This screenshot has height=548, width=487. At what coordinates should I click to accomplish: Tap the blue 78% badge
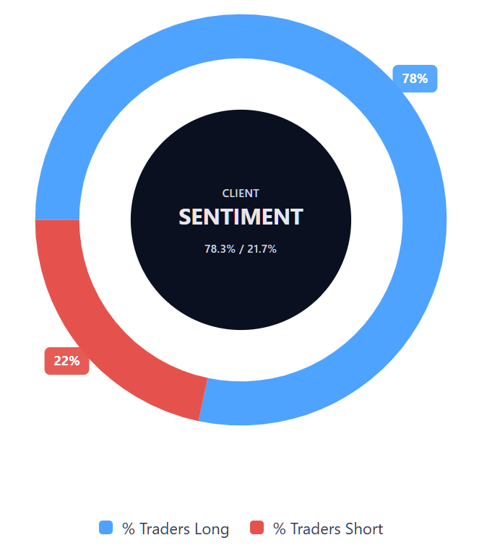[x=415, y=79]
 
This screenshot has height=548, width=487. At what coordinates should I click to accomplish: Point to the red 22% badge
[x=66, y=361]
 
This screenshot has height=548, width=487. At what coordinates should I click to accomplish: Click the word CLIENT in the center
[x=241, y=193]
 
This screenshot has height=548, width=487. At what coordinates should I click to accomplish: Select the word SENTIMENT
[x=241, y=217]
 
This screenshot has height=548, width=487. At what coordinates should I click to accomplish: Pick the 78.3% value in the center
[x=220, y=249]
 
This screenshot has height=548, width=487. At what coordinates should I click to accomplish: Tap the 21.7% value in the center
[x=262, y=249]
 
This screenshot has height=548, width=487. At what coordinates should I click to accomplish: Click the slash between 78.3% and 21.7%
[x=241, y=249]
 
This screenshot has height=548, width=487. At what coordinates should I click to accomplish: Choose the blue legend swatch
[x=105, y=527]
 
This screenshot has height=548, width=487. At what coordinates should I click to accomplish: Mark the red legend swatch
[x=257, y=527]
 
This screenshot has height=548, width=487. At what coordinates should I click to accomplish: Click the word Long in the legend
[x=212, y=529]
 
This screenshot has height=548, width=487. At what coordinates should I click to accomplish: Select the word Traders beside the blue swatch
[x=165, y=529]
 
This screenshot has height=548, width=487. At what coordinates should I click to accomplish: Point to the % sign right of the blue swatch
[x=129, y=529]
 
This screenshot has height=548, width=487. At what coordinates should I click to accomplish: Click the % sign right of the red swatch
[x=280, y=529]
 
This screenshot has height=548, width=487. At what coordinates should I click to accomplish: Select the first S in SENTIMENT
[x=184, y=217]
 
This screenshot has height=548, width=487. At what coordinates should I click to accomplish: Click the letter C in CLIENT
[x=225, y=193]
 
